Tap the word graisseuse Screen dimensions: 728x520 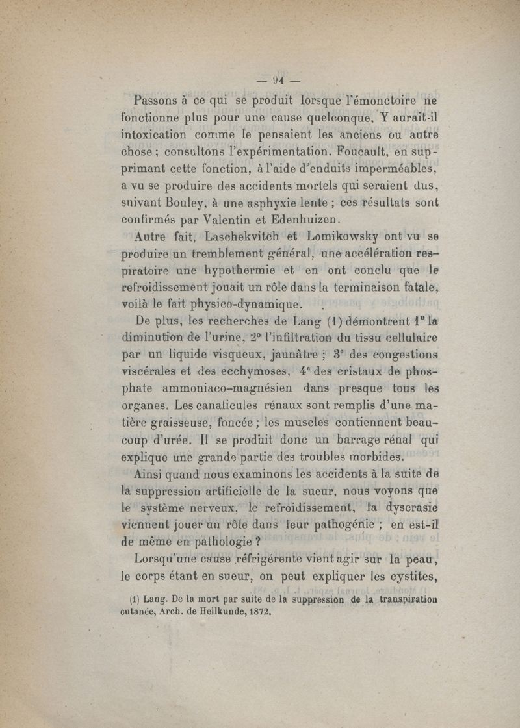click(185, 423)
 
